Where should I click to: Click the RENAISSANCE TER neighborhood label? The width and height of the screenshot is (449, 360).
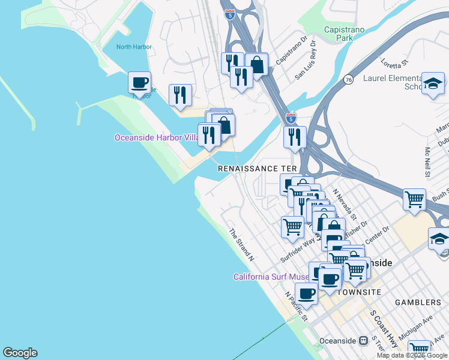(x=257, y=169)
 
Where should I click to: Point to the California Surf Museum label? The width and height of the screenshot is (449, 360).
(x=271, y=277)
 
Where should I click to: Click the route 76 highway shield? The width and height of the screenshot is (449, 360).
(x=348, y=79)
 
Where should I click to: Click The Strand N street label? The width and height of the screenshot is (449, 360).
(x=241, y=245)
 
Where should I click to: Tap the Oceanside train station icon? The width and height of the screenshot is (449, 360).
(x=363, y=340)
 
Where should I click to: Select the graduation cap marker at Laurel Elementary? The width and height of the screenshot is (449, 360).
(x=433, y=83)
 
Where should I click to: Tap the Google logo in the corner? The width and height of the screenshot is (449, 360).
(x=20, y=353)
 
